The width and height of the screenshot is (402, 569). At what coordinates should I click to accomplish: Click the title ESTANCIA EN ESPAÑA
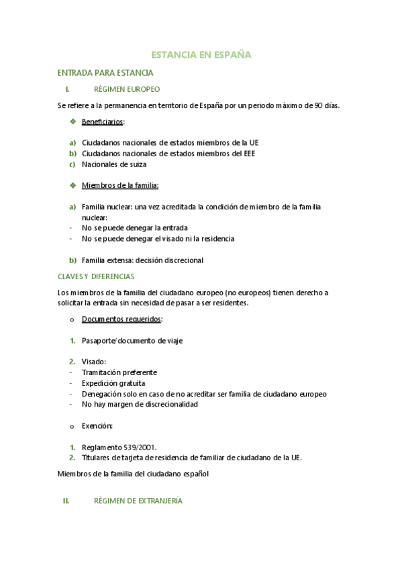point(201,55)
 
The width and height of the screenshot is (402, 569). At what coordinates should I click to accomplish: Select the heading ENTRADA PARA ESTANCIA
point(105,72)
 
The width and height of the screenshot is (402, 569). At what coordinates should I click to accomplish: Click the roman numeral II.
point(66,501)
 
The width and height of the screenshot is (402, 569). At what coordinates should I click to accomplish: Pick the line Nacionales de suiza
point(114,164)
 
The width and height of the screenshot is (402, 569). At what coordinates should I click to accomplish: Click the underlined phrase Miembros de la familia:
point(120,185)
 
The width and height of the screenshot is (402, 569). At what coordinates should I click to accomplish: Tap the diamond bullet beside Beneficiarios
point(72,121)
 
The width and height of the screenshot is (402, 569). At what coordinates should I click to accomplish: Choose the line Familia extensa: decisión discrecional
point(142,260)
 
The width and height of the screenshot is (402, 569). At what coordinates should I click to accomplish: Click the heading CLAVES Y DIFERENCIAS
point(96,276)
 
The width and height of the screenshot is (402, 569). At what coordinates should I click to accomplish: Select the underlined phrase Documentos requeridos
point(121,319)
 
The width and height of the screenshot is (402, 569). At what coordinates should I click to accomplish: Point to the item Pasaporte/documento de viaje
point(132,341)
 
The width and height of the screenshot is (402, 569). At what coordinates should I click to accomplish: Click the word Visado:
point(94,362)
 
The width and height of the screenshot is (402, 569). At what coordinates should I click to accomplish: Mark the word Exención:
point(97,426)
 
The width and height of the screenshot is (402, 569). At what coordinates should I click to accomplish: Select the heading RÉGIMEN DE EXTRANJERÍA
point(138,501)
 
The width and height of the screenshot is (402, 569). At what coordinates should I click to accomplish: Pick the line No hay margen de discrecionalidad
point(140,405)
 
